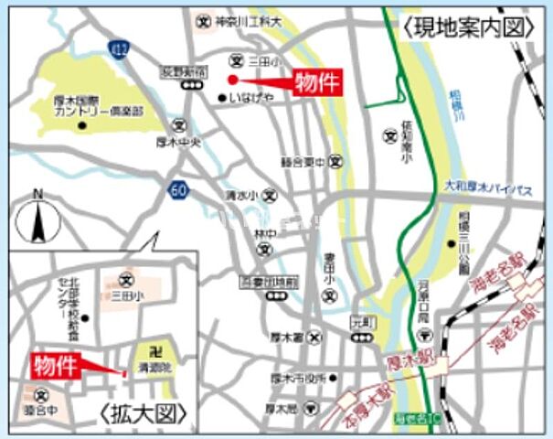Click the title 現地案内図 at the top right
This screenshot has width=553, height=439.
coord(467,27)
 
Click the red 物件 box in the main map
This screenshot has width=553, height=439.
coord(318,83)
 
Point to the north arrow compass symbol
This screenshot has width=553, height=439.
coord(37,219)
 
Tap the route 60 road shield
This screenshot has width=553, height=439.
coord(177,190)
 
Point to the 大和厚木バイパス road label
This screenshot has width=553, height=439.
coord(495,187)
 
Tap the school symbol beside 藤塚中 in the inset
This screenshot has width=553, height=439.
coord(39,396)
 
